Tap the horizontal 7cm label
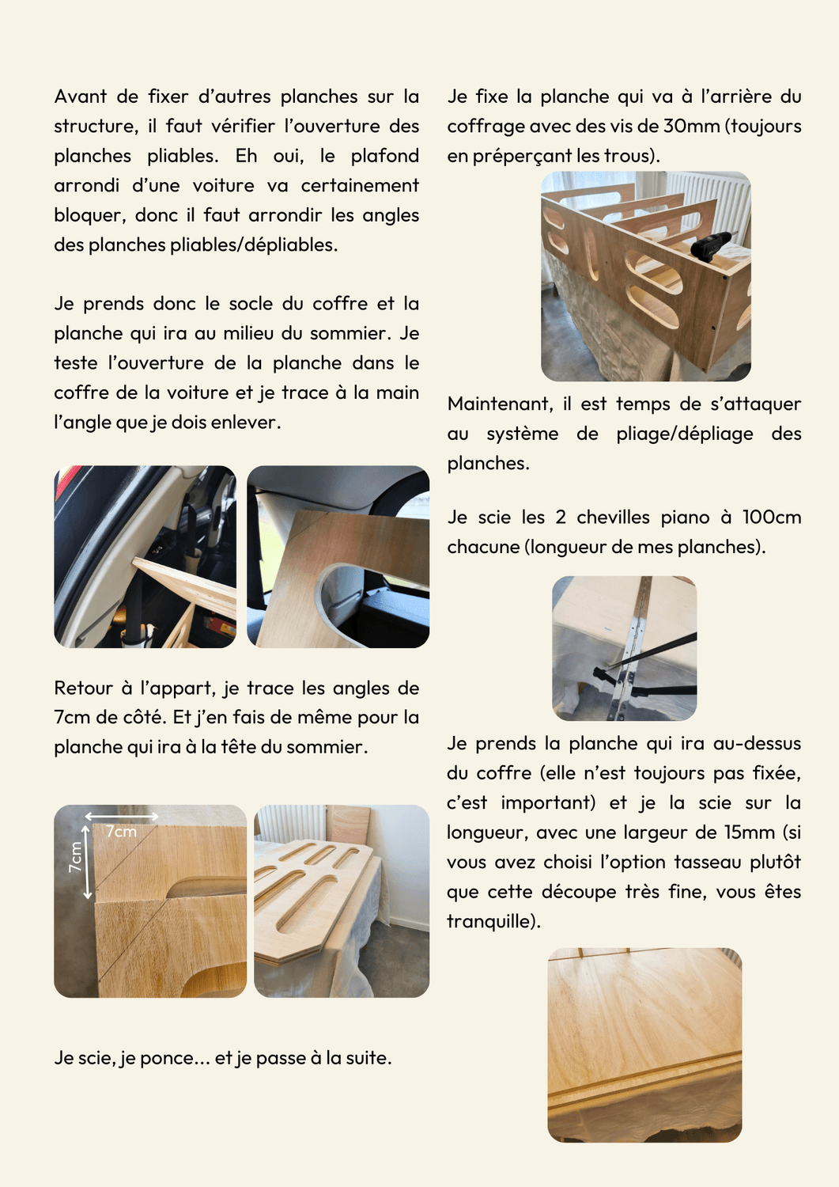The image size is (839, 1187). [x=121, y=832]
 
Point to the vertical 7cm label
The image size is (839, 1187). [x=76, y=857]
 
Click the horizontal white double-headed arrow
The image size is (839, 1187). [x=122, y=817]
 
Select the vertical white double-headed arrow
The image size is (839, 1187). [x=88, y=861]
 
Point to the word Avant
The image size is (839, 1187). [x=80, y=97]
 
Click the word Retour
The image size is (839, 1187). [x=84, y=688]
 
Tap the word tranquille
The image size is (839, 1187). [x=491, y=922]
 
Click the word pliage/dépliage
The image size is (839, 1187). [x=684, y=434]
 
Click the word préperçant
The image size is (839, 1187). [x=521, y=157]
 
